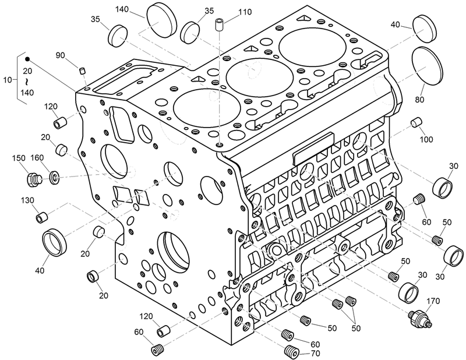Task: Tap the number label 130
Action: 27,200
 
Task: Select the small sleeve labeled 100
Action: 416,123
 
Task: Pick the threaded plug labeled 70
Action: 292,352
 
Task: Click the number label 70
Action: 315,354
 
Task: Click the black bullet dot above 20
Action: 27,59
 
